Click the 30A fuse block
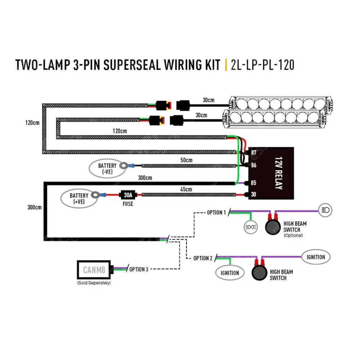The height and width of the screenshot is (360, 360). point(128,195)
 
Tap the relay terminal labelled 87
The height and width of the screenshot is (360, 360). point(253,153)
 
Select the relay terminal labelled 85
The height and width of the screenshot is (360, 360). point(253,183)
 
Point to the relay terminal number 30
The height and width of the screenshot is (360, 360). point(253,195)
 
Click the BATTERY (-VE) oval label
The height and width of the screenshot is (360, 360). point(107,168)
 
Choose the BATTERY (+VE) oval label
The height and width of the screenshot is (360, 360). point(78,198)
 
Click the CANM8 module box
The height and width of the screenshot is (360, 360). point(95,269)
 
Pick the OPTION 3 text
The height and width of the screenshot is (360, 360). point(139,269)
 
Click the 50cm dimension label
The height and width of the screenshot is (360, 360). point(186,160)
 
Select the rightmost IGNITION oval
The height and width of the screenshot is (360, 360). point(316,257)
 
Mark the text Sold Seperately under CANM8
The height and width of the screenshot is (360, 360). point(94,283)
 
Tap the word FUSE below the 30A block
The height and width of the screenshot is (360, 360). point(127,204)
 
